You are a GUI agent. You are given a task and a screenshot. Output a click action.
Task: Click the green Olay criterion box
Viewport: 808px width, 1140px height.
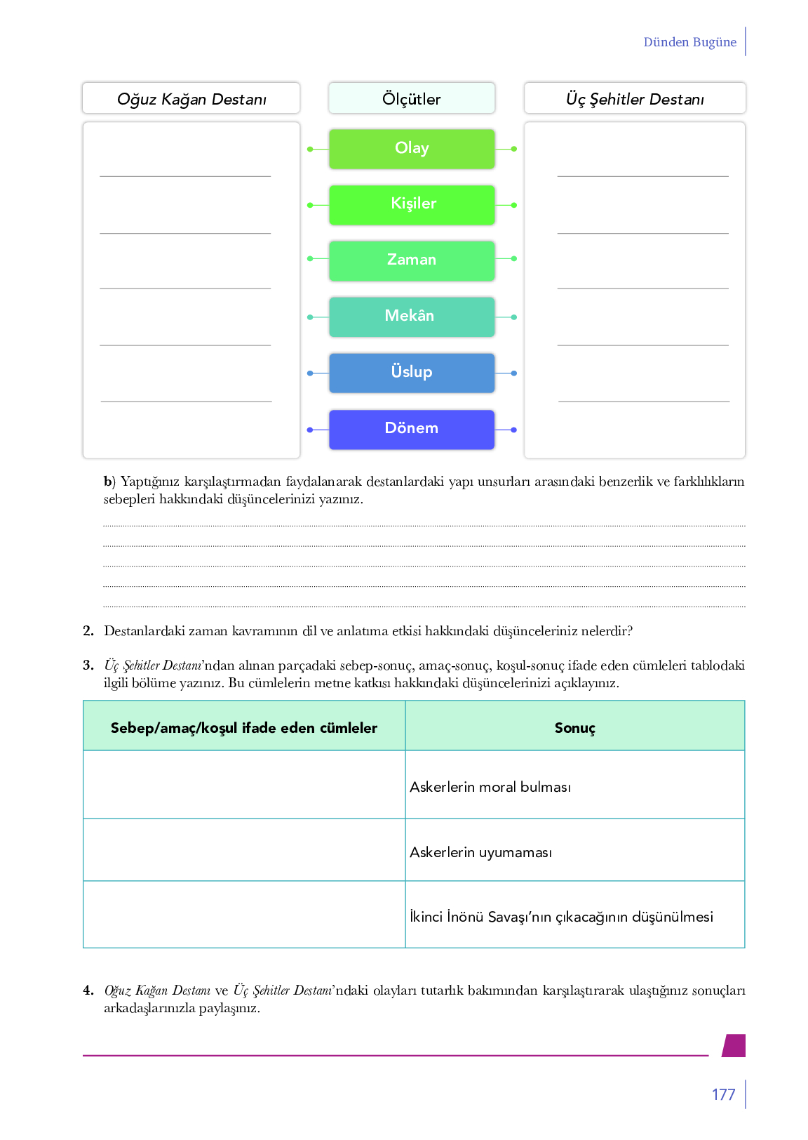coord(412,149)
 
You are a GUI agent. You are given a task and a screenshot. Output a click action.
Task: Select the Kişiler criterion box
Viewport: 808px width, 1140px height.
coord(412,204)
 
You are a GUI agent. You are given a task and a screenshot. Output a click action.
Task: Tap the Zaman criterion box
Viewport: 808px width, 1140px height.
coord(412,260)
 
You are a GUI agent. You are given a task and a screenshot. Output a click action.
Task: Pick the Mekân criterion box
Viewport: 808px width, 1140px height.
coord(412,317)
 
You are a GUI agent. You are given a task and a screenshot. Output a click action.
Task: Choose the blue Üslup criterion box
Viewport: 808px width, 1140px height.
coord(412,373)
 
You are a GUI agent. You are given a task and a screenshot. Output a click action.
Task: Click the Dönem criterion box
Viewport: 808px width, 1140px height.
coord(412,429)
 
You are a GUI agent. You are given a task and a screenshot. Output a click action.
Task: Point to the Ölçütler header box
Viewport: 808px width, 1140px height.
coord(412,98)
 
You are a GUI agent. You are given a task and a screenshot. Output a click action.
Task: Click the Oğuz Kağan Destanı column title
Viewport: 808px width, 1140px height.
coord(191,99)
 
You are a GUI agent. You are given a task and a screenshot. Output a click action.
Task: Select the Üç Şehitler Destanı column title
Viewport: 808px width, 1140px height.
coord(635,99)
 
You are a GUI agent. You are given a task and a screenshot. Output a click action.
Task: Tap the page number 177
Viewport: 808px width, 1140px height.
coord(723,1094)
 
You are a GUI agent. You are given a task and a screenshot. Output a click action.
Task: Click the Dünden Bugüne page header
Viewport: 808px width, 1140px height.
coord(689,42)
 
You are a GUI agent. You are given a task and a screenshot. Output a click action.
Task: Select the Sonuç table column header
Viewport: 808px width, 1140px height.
coord(574,728)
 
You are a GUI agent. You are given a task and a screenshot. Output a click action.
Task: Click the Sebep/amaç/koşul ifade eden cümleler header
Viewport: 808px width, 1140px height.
coord(244,728)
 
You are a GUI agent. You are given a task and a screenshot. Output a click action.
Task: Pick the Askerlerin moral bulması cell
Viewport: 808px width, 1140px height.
coord(490,787)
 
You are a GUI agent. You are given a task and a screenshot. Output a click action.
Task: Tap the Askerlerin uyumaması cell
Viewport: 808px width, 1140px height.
coord(481,852)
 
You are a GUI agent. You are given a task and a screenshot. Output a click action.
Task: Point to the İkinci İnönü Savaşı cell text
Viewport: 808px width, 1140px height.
coord(561,917)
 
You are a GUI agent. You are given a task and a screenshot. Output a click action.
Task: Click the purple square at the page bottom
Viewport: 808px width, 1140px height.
coord(734,1045)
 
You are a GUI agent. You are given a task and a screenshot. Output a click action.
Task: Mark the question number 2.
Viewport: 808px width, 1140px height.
coord(88,630)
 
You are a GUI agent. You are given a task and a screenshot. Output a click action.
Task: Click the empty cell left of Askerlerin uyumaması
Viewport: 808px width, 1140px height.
coord(244,850)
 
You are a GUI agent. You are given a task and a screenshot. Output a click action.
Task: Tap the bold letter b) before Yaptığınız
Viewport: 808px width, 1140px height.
coord(109,482)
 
